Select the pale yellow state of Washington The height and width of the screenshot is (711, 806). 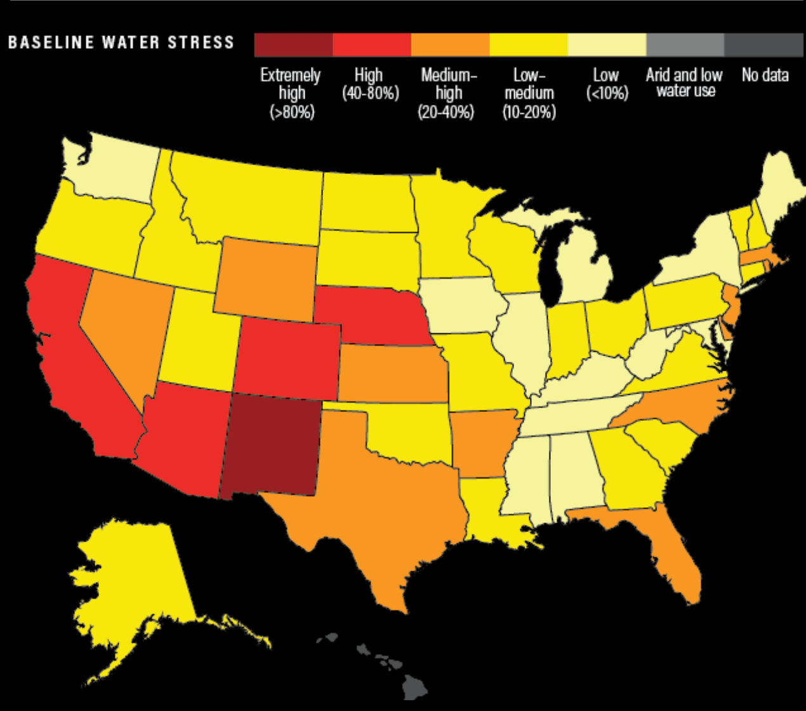tap(114, 168)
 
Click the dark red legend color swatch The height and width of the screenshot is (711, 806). tap(293, 45)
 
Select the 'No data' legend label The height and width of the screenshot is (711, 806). tap(765, 76)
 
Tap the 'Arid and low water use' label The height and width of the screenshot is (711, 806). tap(684, 83)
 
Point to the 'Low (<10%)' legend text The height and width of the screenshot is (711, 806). tap(606, 84)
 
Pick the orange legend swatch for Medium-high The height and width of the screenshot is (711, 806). tap(450, 45)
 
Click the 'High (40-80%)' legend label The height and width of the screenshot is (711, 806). tap(370, 84)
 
